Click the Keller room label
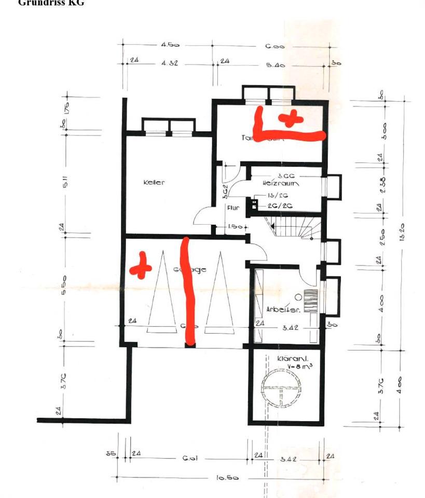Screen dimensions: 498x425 [x=154, y=183]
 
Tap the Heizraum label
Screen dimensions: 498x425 [x=281, y=184]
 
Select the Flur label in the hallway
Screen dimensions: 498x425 [x=232, y=208]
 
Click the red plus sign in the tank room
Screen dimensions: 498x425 [x=290, y=118]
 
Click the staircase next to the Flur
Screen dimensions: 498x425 [x=291, y=228]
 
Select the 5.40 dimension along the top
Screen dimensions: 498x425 [x=275, y=65]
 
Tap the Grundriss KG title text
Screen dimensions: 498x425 [x=51, y=3]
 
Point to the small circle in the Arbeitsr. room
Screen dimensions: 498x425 [x=298, y=297]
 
